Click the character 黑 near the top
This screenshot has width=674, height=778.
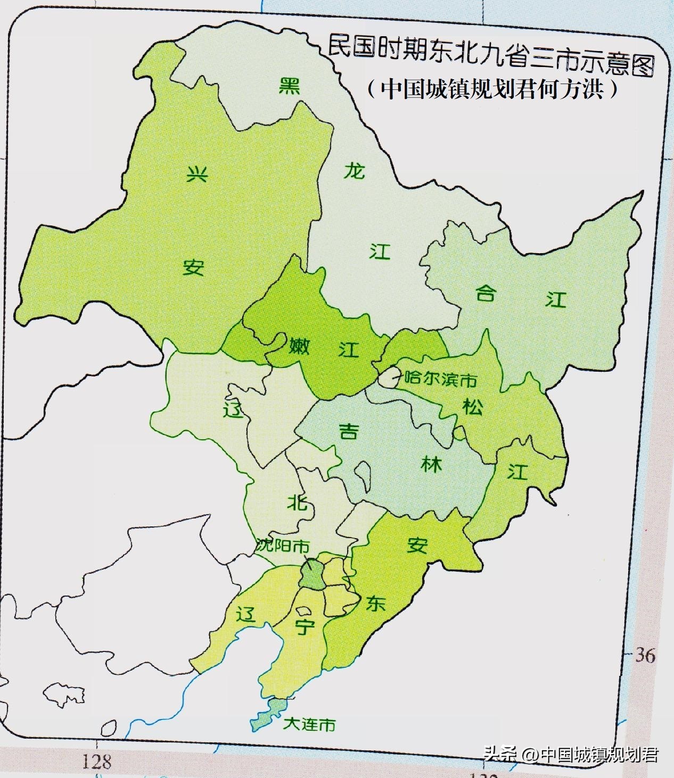(x=290, y=86)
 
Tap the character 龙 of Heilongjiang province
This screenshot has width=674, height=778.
(x=354, y=171)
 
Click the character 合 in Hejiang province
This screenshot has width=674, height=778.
(x=485, y=292)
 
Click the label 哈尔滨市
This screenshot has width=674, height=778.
(x=440, y=380)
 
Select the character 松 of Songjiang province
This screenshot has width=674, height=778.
(x=472, y=407)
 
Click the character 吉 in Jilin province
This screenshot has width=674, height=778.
(x=349, y=432)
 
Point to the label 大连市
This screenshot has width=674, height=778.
(x=309, y=724)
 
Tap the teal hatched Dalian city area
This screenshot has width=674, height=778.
(x=270, y=713)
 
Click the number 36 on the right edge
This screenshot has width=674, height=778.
(x=645, y=656)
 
